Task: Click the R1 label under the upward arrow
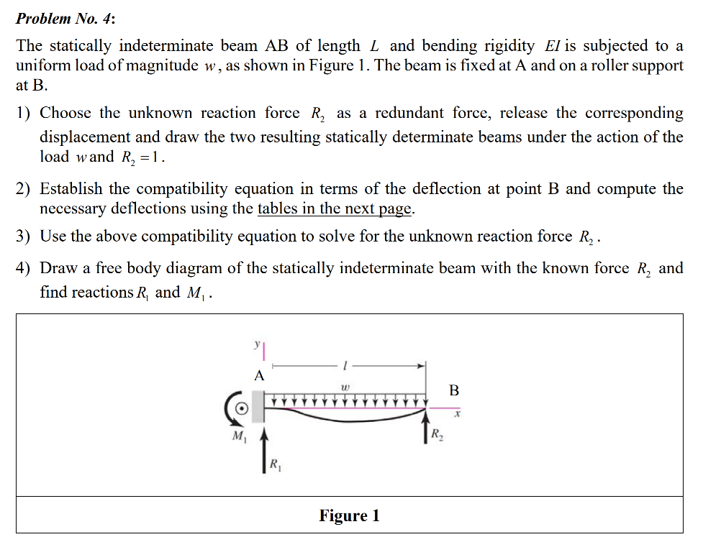tap(276, 465)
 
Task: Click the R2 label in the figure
tap(437, 433)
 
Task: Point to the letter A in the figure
tap(259, 375)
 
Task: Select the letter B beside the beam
tap(453, 391)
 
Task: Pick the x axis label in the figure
tap(457, 414)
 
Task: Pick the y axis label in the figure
tap(256, 345)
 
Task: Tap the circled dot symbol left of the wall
tap(242, 408)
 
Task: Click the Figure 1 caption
tap(349, 515)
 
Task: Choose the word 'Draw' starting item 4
tap(57, 268)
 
